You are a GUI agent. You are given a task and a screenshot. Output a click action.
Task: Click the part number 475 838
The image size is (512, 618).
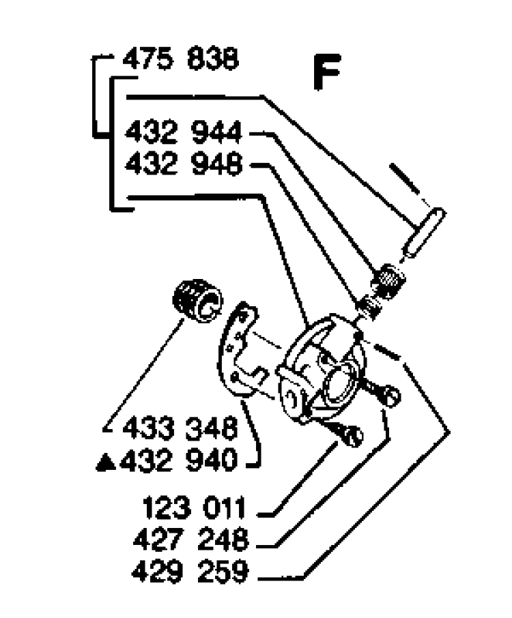181,60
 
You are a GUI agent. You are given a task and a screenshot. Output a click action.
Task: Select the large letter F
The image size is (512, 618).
327,72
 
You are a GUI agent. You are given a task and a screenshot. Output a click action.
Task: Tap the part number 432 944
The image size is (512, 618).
183,133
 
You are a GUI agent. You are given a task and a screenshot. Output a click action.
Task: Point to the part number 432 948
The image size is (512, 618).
183,164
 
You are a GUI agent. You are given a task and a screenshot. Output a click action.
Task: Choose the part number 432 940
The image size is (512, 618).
179,460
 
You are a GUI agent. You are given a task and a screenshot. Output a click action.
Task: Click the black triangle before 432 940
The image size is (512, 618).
106,462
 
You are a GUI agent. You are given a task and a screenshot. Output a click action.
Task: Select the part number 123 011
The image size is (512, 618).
194,508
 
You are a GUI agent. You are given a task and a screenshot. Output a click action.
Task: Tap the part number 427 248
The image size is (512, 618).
191,540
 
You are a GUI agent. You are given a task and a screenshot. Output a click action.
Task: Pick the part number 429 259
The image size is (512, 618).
190,572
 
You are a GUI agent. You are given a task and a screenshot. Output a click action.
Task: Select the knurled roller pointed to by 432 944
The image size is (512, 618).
388,280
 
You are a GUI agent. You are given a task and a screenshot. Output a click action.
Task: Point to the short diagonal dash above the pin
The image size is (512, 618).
405,178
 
